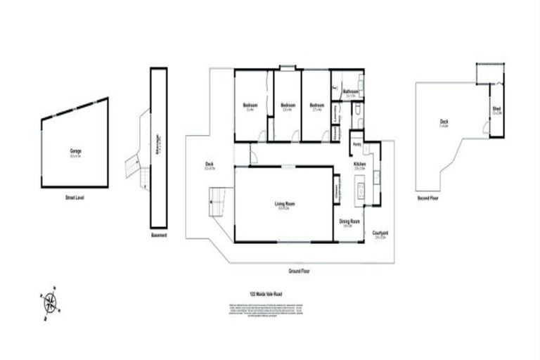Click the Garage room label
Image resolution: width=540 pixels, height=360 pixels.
(75, 150)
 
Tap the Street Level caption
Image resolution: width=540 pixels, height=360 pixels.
(75, 198)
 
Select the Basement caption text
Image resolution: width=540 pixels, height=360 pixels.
(159, 235)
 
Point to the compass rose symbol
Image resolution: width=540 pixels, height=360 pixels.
(51, 303)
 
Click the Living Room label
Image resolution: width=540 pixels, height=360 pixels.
(284, 205)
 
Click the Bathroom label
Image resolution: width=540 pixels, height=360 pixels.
(351, 91)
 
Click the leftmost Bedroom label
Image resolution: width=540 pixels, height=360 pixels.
(250, 106)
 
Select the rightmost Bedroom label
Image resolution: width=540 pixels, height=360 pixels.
(316, 106)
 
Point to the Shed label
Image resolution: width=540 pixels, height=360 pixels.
(496, 109)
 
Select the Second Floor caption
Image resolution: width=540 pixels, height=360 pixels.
(428, 198)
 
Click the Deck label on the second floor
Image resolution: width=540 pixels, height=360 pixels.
(444, 122)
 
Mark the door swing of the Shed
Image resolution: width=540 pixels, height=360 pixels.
(487, 127)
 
